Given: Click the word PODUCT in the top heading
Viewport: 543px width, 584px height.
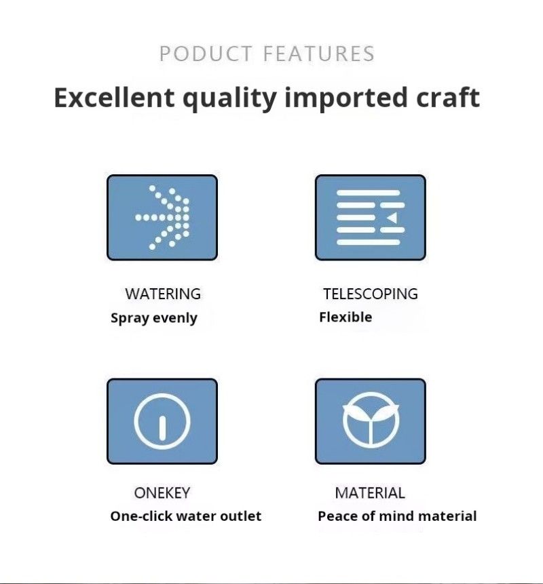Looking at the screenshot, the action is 206,54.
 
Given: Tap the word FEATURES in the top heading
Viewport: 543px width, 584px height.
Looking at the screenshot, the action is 319,54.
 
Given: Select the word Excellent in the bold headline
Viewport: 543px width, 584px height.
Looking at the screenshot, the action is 114,98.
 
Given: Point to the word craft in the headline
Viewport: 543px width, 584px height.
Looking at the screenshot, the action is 448,97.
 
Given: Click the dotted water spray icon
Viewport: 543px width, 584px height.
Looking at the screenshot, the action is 162,217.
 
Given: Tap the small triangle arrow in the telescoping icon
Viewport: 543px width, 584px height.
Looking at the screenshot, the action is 392,218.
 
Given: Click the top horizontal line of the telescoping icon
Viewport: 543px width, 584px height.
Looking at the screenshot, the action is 368,193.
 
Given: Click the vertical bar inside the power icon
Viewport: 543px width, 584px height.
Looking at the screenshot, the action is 162,428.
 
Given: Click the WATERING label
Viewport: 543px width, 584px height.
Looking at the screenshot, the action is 163,294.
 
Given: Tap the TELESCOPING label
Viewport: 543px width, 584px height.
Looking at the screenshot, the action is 371,294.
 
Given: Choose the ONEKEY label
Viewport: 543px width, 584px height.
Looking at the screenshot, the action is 162,492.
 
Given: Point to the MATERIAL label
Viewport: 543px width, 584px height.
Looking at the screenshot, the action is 370,492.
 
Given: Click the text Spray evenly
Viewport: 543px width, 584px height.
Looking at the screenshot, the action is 154,318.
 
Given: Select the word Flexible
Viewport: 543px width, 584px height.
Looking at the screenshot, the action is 345,317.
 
